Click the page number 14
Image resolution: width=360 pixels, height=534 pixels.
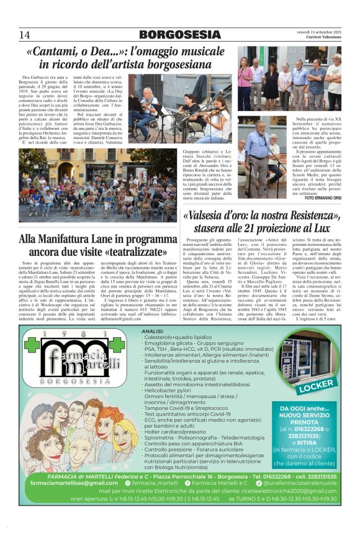pos(25,34)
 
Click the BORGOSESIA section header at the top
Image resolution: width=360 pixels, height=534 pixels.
pos(179,34)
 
